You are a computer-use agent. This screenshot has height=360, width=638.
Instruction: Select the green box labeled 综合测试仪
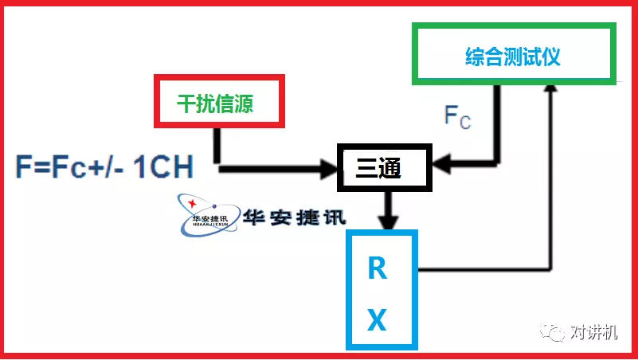click(514, 54)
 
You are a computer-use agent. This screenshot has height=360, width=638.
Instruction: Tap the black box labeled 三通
click(383, 166)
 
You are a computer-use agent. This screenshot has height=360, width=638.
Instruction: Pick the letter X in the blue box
click(377, 320)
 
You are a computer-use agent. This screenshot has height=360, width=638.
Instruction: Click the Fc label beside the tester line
click(457, 117)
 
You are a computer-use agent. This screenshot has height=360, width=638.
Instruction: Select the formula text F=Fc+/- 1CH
click(104, 169)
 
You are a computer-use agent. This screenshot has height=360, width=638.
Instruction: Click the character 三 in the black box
click(366, 167)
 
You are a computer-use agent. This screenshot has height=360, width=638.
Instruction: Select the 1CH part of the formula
click(163, 169)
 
